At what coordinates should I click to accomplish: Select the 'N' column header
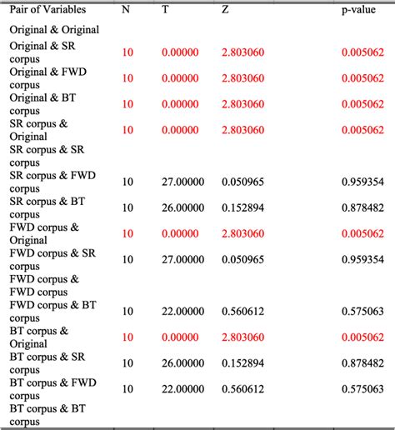point(126,9)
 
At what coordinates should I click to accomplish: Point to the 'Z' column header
point(226,9)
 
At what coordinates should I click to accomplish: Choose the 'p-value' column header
point(359,9)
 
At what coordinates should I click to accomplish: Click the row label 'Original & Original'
point(54,29)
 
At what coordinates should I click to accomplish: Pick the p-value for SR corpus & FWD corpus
point(362,182)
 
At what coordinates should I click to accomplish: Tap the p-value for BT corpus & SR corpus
point(362,362)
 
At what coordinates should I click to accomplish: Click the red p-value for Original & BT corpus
point(362,104)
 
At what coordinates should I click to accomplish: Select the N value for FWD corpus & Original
point(127,233)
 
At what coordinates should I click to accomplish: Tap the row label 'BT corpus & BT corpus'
point(47,415)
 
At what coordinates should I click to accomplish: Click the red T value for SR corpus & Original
point(179,130)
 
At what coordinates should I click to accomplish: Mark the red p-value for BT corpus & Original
point(362,337)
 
